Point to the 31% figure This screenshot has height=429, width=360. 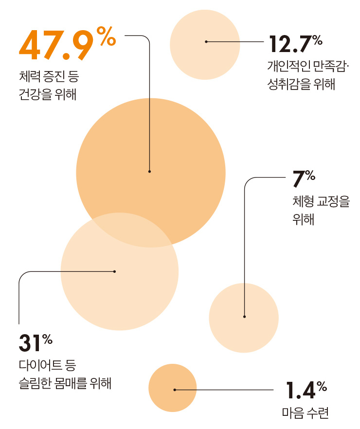(x=35, y=342)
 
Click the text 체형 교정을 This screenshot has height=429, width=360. (x=321, y=201)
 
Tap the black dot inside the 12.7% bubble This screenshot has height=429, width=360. (x=206, y=42)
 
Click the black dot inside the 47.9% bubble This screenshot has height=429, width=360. (x=149, y=171)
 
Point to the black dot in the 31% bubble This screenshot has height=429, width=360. (x=114, y=271)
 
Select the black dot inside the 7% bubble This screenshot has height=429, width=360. (x=244, y=317)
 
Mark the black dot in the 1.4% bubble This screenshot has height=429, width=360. (x=175, y=390)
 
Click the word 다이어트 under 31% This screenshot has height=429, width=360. (x=38, y=365)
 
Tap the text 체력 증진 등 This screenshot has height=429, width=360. (x=49, y=76)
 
